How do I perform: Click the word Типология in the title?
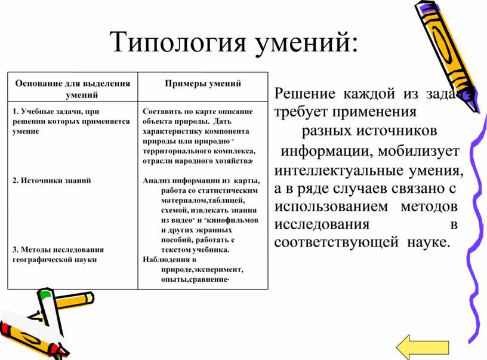pyautogui.click(x=178, y=42)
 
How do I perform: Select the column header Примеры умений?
pyautogui.click(x=203, y=83)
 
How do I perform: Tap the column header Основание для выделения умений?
pyautogui.click(x=73, y=89)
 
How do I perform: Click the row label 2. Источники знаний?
pyautogui.click(x=51, y=180)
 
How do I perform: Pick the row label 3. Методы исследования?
pyautogui.click(x=58, y=250)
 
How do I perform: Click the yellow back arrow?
pyautogui.click(x=423, y=346)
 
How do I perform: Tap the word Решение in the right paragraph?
pyautogui.click(x=305, y=93)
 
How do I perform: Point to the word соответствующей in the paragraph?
pyautogui.click(x=337, y=242)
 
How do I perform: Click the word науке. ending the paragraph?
pyautogui.click(x=429, y=242)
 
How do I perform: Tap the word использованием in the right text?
pyautogui.click(x=331, y=207)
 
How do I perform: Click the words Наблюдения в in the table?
pyautogui.click(x=169, y=259)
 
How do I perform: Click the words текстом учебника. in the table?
pyautogui.click(x=195, y=250)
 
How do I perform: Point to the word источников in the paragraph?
pyautogui.click(x=396, y=131)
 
